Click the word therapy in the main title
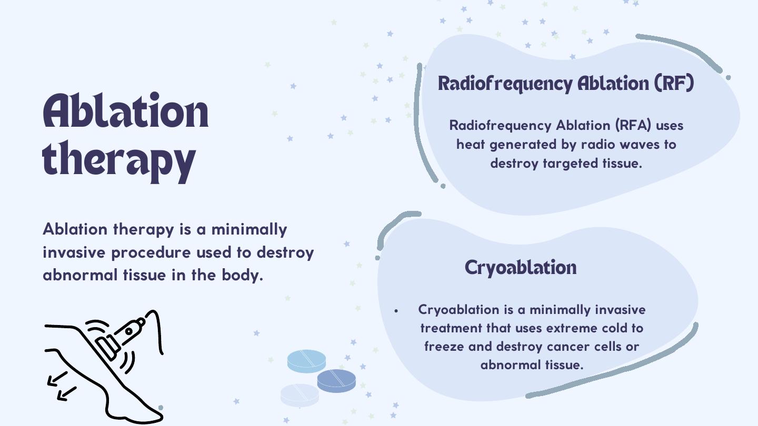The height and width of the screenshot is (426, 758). click(119, 161)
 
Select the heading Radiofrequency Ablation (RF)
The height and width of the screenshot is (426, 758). click(566, 83)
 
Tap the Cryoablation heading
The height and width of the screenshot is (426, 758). click(521, 268)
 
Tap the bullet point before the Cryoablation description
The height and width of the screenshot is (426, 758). click(396, 311)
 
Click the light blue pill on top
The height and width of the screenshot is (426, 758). click(306, 361)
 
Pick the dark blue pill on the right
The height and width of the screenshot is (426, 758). click(336, 381)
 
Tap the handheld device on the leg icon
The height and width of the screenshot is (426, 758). click(121, 338)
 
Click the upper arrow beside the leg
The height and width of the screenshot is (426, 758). click(57, 379)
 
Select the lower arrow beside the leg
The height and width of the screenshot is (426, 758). click(67, 394)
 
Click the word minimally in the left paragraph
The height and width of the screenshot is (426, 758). click(249, 229)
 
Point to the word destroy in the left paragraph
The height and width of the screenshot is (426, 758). click(285, 252)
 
